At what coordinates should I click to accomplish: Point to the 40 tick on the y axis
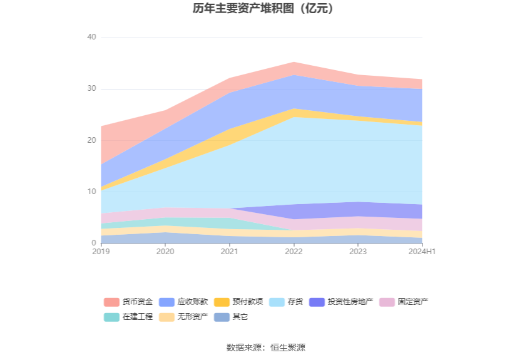(x=91, y=38)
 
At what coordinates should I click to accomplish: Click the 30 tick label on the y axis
(x=91, y=89)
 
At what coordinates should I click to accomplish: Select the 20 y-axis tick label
(x=91, y=140)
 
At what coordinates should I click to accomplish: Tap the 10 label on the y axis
(x=91, y=192)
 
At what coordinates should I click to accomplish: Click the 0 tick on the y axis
(x=93, y=243)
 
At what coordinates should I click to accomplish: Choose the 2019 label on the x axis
(x=100, y=252)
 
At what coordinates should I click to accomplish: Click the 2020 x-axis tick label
(x=165, y=252)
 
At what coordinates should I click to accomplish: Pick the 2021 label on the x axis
(x=229, y=252)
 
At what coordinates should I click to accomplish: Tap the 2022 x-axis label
(x=294, y=252)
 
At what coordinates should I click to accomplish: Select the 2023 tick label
(x=358, y=252)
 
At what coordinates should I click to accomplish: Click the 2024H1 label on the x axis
(x=422, y=252)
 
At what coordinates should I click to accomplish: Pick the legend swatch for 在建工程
(x=111, y=317)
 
